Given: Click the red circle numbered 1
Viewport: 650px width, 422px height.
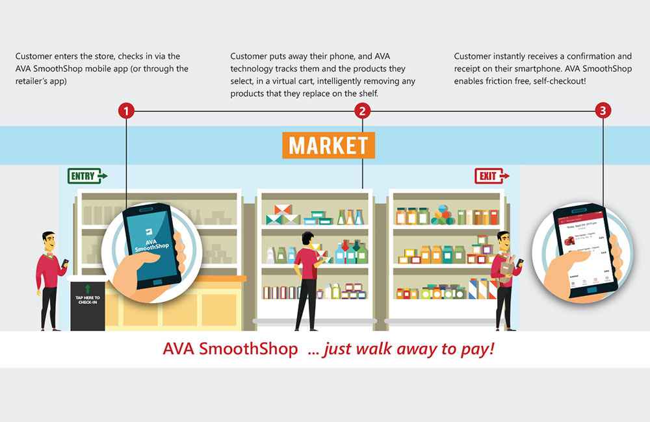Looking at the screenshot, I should click(x=126, y=111).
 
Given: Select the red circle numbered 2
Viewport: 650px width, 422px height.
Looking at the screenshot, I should click(x=363, y=111).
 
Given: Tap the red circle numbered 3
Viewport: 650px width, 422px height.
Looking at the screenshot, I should click(x=603, y=111).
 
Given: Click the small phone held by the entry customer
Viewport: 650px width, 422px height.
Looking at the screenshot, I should click(x=65, y=263).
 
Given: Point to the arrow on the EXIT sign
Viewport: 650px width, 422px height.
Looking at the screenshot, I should click(x=505, y=175).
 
